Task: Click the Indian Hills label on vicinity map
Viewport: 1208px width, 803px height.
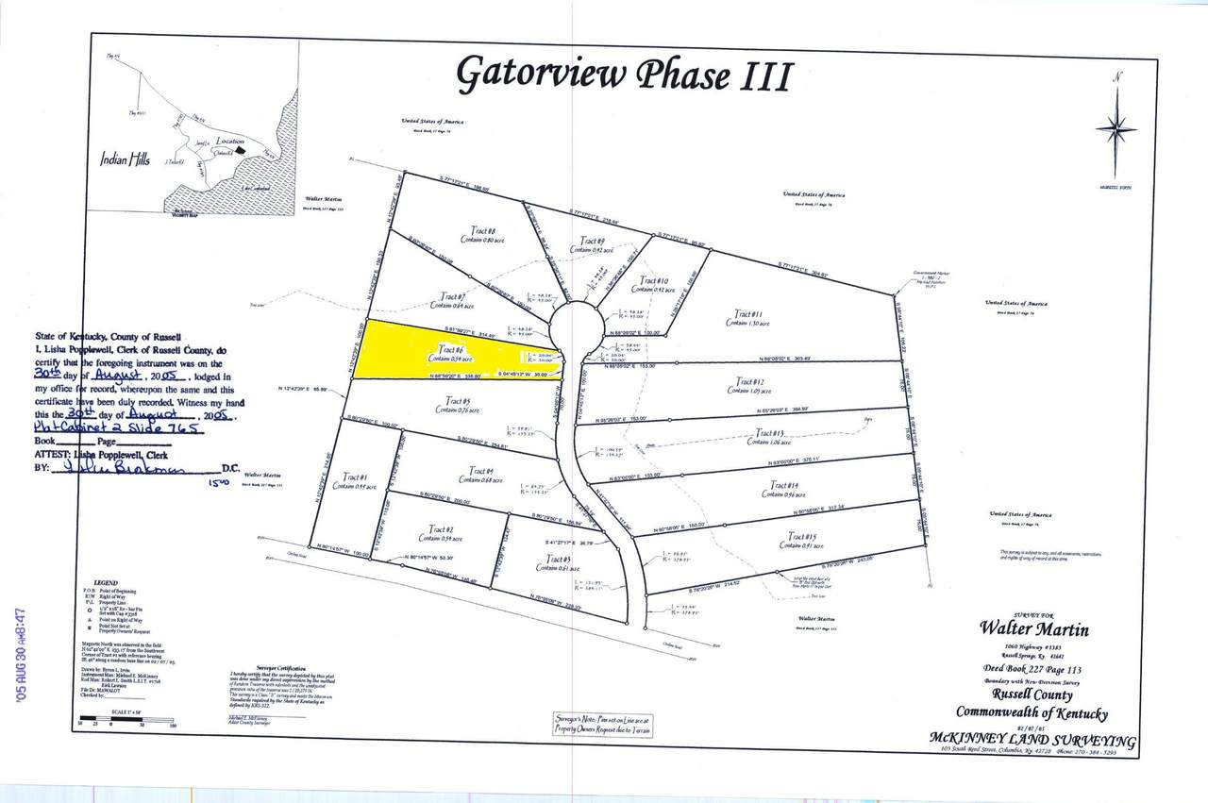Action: click(125, 160)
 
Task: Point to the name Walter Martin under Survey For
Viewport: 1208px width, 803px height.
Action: click(1033, 628)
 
